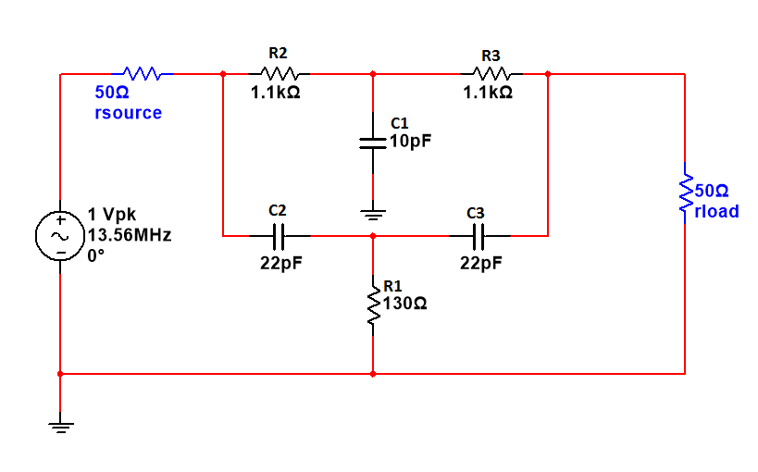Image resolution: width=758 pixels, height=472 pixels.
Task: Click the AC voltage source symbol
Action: click(60, 236)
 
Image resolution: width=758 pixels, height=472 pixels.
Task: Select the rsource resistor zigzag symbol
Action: click(142, 73)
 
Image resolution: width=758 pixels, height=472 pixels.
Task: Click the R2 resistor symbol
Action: click(279, 73)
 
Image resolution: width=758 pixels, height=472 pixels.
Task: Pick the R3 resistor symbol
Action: click(491, 73)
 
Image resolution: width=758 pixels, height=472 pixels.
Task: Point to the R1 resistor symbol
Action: click(373, 304)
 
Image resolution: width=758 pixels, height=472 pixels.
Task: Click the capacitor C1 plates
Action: click(373, 143)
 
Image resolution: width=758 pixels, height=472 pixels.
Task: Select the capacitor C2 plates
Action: click(278, 236)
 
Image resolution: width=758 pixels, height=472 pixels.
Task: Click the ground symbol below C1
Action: click(373, 215)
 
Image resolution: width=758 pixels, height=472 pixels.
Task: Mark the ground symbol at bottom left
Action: click(60, 427)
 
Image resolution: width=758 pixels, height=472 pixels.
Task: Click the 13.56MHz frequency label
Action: click(129, 235)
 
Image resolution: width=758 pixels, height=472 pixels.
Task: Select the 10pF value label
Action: click(410, 142)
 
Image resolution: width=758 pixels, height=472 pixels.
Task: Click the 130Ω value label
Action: click(404, 303)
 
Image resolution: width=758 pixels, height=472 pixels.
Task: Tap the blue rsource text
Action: click(128, 113)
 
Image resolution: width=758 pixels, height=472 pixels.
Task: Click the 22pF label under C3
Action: click(481, 263)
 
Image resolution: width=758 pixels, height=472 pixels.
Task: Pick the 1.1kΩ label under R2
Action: click(276, 93)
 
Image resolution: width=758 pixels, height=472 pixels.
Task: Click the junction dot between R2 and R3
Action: click(373, 73)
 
